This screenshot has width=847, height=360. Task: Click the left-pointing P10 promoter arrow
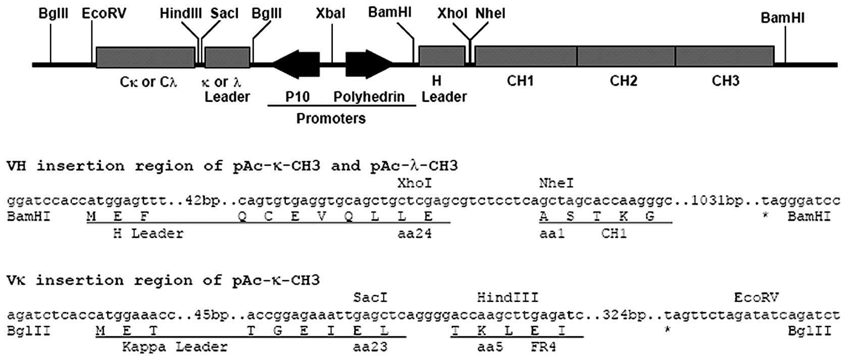(x=296, y=64)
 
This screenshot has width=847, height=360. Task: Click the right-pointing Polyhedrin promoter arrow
(x=369, y=64)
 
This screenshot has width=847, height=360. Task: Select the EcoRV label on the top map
(x=104, y=13)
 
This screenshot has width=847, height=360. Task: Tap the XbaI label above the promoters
(x=331, y=13)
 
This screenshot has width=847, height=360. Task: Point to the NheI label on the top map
(x=490, y=13)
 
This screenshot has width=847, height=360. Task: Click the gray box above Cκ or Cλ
(x=145, y=58)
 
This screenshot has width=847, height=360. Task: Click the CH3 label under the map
(x=725, y=81)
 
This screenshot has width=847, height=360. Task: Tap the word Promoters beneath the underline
(x=331, y=119)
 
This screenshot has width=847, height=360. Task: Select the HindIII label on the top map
(x=181, y=13)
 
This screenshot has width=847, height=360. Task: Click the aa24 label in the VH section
(x=415, y=234)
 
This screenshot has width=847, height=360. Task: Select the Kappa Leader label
(x=175, y=347)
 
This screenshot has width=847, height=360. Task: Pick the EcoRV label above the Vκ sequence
(x=756, y=297)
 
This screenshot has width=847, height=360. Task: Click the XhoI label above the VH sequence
(x=415, y=183)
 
